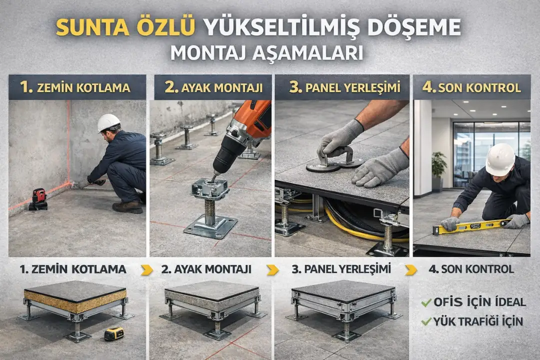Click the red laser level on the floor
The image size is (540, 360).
(38, 199)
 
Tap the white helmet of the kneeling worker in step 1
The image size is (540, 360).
(108, 122)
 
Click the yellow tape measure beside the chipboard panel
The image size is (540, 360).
(114, 333)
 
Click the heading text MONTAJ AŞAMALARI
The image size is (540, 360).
(266, 52)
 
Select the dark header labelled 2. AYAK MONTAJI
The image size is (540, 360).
(213, 87)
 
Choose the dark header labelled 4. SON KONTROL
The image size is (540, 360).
(471, 87)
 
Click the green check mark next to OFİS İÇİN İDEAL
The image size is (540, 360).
(426, 302)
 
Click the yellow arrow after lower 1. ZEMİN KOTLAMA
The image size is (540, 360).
(146, 269)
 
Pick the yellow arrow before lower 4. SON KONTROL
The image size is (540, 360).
(410, 269)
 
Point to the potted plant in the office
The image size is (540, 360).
(439, 167)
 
